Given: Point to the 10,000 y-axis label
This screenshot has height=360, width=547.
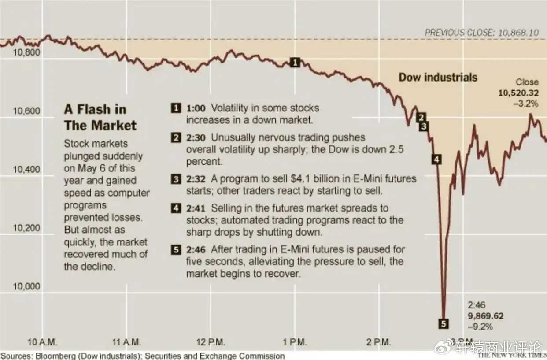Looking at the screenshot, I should [x=27, y=286].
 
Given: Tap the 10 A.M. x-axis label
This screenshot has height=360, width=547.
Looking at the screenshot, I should [x=42, y=342].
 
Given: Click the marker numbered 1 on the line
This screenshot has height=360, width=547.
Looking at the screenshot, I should [x=296, y=63].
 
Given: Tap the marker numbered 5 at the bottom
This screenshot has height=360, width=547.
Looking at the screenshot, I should [x=444, y=324].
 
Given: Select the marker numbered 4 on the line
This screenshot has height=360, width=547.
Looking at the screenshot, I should [x=436, y=160].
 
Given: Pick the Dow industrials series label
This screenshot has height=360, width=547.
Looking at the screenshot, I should [x=438, y=78].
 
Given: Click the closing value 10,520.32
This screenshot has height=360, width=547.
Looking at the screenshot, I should [x=518, y=93].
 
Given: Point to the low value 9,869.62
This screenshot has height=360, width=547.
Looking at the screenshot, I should [x=485, y=316].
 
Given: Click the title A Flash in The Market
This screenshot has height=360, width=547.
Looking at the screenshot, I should [x=100, y=117].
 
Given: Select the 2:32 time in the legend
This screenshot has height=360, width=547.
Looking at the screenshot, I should [x=196, y=179].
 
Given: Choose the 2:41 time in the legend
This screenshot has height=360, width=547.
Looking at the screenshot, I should [x=196, y=208].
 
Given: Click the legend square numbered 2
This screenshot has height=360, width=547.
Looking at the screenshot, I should [x=176, y=138].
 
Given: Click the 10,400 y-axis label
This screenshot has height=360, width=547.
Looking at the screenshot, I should [x=27, y=170].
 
